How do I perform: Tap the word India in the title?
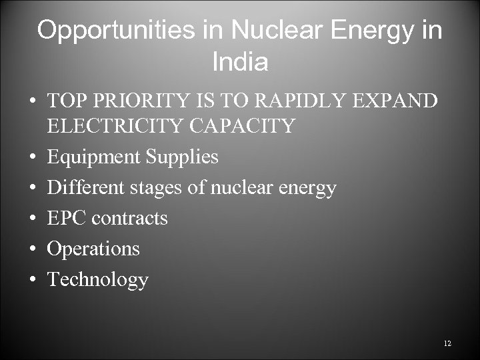click(x=240, y=63)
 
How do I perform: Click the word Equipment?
click(x=93, y=157)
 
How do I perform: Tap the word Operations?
click(x=93, y=249)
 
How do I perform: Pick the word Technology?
click(x=97, y=279)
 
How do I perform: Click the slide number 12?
click(x=447, y=343)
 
